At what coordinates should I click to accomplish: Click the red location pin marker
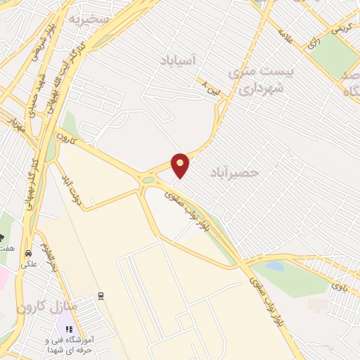(181, 165)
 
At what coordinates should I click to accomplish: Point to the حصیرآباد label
(234, 172)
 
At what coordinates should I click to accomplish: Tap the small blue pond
(276, 266)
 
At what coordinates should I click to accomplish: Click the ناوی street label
(338, 285)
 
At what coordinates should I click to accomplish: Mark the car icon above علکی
(28, 253)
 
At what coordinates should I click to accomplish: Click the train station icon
(102, 295)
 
